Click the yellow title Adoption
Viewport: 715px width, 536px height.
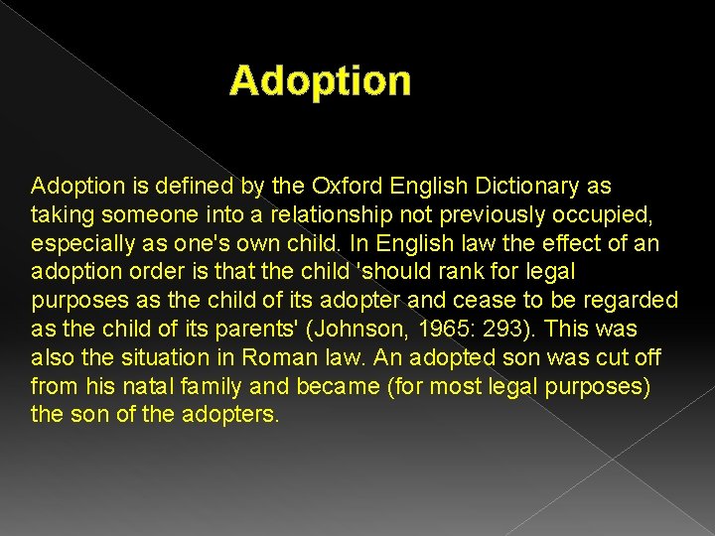pos(320,81)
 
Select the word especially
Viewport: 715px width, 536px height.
pos(81,243)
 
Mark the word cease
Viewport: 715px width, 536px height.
pos(504,300)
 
